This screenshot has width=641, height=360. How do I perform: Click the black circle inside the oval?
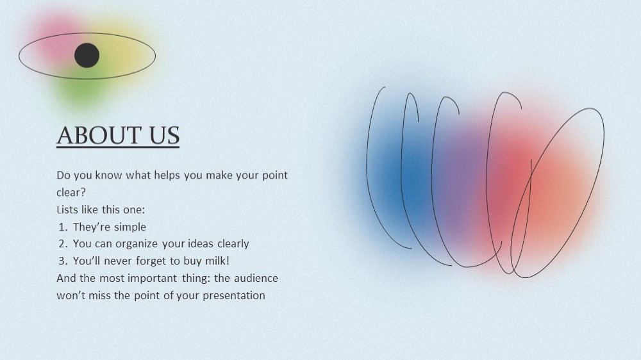87,55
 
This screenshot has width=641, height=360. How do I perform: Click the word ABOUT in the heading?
99,135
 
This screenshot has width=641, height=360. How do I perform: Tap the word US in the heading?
164,135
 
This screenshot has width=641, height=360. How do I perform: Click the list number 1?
63,227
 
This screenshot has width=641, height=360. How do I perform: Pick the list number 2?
63,243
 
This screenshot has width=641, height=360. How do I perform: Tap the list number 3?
63,261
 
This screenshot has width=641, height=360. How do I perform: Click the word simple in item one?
130,227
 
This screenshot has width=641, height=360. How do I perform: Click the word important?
153,278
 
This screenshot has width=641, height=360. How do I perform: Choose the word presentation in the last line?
234,295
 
